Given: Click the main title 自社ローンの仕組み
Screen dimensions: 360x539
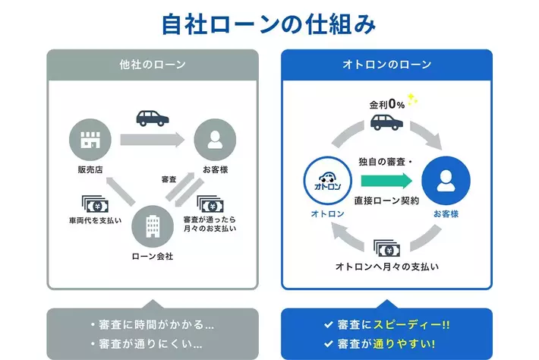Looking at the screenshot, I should pos(269,24).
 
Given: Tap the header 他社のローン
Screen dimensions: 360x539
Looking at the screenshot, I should pos(153,64).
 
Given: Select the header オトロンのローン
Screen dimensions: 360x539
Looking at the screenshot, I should pos(388,64).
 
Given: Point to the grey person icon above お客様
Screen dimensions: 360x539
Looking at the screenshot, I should pos(216,139).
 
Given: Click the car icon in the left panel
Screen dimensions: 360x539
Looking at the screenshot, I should pos(153,118).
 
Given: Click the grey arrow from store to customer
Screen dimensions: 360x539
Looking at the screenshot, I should pos(153,140).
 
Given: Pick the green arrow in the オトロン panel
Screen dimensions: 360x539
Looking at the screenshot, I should pos(386,182).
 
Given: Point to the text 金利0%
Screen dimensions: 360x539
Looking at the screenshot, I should pos(386,104).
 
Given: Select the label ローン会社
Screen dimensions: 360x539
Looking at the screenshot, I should pos(153,257).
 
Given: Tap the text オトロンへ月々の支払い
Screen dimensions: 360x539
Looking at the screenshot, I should pos(387,267).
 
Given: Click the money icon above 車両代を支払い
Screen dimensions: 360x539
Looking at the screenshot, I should pos(95,203).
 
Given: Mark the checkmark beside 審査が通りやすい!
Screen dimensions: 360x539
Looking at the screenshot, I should pos(328,344).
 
